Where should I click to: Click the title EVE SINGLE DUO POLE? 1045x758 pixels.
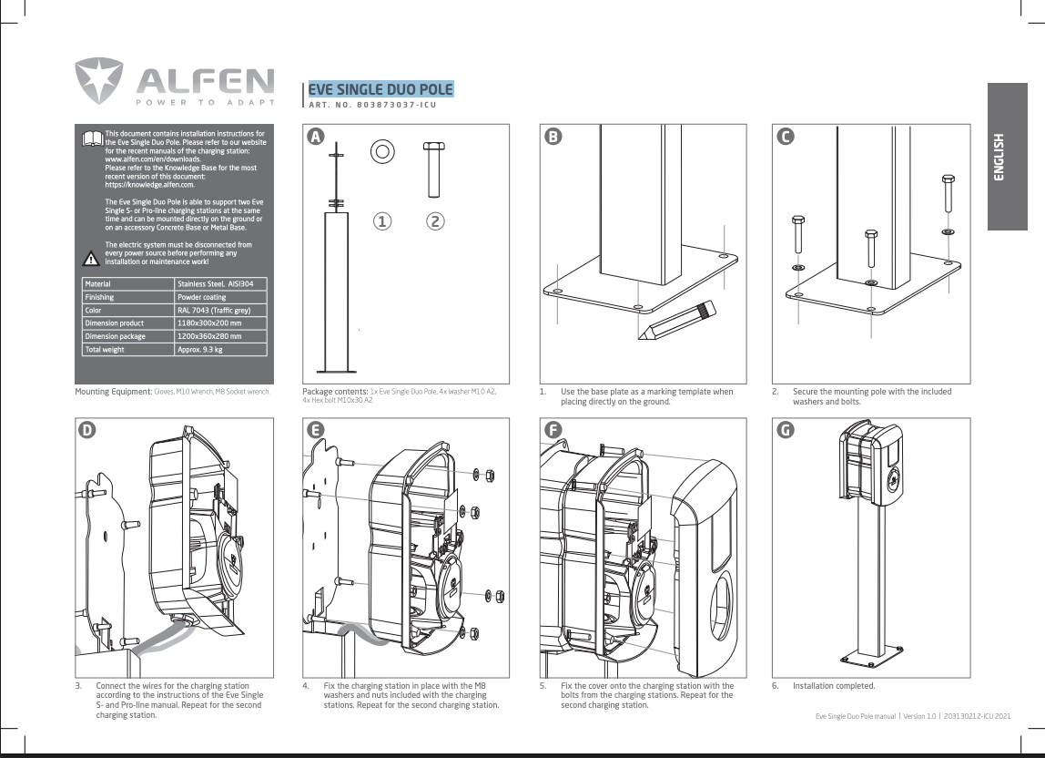(380, 89)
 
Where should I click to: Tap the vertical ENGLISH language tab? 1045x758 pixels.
(1007, 157)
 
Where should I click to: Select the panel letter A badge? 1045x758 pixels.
(315, 137)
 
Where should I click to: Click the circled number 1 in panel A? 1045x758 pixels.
(382, 221)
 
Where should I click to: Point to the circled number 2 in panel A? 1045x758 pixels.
(434, 221)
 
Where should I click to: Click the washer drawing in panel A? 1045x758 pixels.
(382, 151)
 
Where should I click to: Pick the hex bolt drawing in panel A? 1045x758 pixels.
(434, 169)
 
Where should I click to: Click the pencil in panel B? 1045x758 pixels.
(677, 321)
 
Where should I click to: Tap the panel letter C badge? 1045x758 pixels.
(785, 137)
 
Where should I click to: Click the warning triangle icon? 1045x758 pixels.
(91, 258)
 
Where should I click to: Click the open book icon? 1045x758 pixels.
(93, 138)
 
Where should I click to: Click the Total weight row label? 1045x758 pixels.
(105, 350)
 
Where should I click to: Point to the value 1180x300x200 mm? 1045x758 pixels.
(209, 323)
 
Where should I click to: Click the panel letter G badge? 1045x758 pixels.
(785, 430)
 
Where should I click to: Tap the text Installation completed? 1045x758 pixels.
(834, 686)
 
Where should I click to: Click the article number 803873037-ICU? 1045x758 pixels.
(397, 105)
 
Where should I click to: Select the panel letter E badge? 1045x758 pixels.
(315, 430)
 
